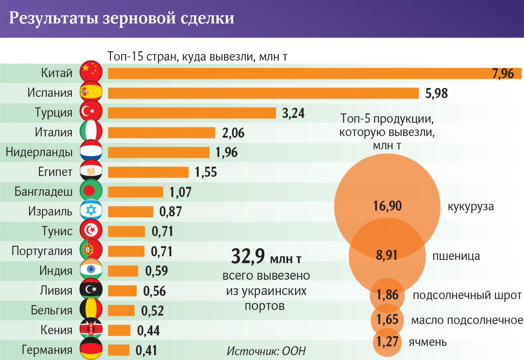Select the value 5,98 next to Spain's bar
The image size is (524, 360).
click(x=436, y=93)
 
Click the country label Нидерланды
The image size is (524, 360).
click(x=39, y=152)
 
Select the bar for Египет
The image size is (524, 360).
click(x=148, y=172)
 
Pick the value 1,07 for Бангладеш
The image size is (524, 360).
click(x=180, y=192)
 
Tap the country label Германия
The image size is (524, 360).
click(x=48, y=350)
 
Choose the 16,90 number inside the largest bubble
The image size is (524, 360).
click(x=387, y=206)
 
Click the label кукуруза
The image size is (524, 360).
click(x=471, y=207)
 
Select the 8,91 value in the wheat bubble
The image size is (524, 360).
click(x=387, y=256)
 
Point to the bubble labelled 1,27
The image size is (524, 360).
click(x=387, y=342)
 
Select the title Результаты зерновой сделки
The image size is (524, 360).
click(x=121, y=19)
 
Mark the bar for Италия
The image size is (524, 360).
click(x=162, y=133)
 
